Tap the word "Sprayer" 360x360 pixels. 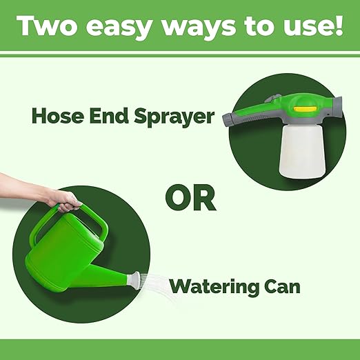pyautogui.click(x=174, y=117)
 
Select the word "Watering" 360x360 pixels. pyautogui.click(x=212, y=287)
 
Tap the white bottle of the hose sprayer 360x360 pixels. pyautogui.click(x=302, y=151)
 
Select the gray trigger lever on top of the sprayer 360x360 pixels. pyautogui.click(x=273, y=99)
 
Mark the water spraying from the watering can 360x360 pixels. pyautogui.click(x=159, y=288)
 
